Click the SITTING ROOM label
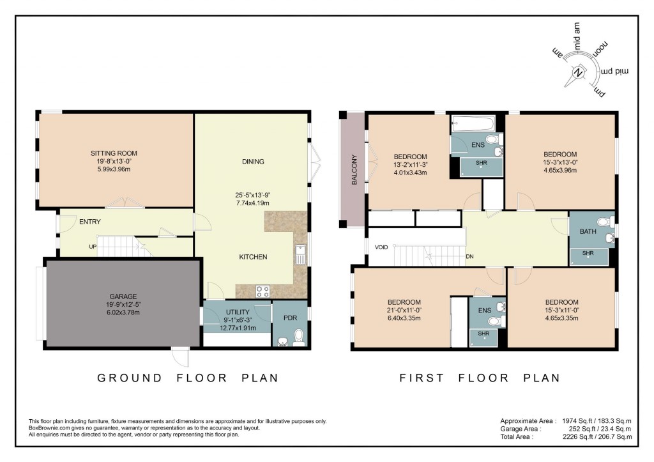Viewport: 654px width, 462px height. (x=114, y=153)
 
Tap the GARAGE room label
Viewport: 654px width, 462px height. (x=123, y=296)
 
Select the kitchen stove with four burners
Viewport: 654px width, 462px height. (x=262, y=291)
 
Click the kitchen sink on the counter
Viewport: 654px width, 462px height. (x=300, y=254)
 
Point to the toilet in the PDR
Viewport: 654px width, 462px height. (x=298, y=335)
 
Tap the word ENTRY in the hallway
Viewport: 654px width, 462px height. (x=90, y=222)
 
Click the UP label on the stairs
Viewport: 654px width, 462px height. (x=93, y=246)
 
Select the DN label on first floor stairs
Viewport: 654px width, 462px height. (x=470, y=258)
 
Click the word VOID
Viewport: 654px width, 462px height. (x=382, y=247)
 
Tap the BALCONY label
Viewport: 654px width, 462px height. (x=354, y=171)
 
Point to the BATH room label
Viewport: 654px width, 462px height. (x=588, y=231)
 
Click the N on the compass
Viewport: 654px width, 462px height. (x=579, y=73)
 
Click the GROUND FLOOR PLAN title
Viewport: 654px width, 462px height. (x=188, y=378)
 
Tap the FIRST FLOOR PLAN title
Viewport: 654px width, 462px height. (x=481, y=378)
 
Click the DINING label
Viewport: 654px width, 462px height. (x=253, y=162)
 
